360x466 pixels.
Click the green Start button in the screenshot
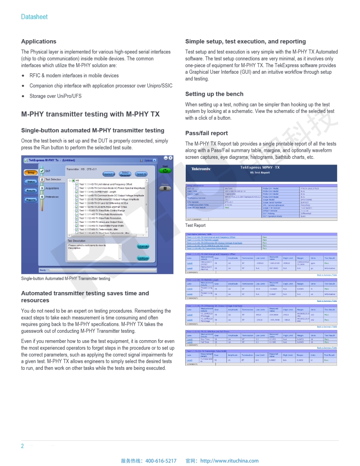[x=165, y=170]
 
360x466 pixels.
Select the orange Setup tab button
[x=30, y=173]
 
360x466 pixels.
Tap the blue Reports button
[x=30, y=200]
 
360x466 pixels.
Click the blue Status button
[x=30, y=181]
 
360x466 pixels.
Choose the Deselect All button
[x=109, y=174]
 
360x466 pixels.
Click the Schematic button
[x=143, y=246]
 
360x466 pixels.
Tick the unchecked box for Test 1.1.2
[x=77, y=188]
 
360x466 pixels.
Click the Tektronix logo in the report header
[x=201, y=169]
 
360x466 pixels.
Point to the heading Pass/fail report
[x=206, y=133]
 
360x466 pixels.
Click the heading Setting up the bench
[x=214, y=94]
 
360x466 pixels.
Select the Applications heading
[x=39, y=41]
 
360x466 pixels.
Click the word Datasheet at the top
[x=34, y=17]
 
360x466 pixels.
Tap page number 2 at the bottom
[x=22, y=446]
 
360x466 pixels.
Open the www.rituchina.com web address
[x=229, y=461]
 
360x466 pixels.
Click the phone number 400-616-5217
[x=161, y=461]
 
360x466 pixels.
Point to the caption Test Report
[x=195, y=225]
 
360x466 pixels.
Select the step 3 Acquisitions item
[x=52, y=188]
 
